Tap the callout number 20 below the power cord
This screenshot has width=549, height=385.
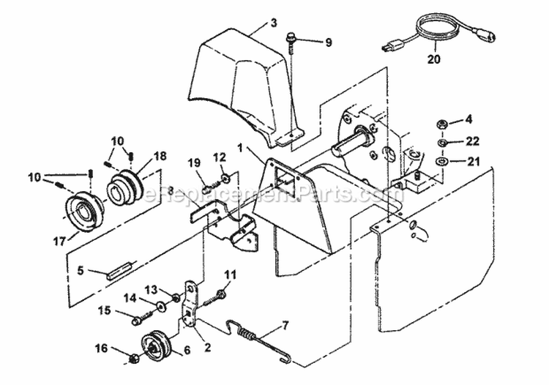click(434, 61)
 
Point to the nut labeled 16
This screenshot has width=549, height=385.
click(135, 358)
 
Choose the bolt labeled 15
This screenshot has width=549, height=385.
click(139, 319)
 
